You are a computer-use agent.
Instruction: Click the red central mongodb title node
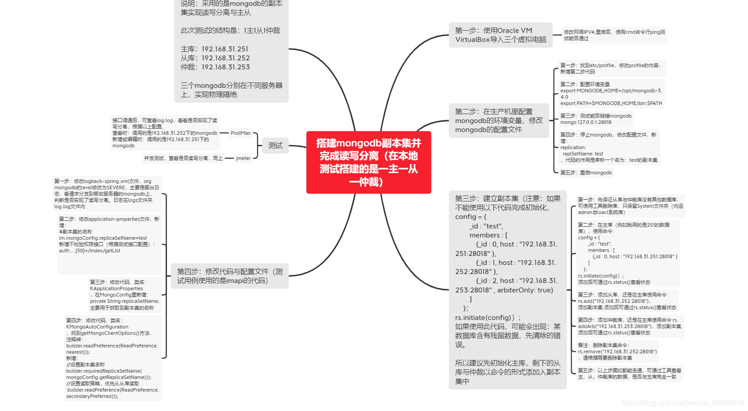point(369,162)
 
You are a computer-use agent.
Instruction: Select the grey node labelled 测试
point(275,145)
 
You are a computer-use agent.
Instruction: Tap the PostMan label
point(240,133)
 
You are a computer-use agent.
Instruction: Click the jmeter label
point(243,158)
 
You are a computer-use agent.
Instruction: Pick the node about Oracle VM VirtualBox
point(500,35)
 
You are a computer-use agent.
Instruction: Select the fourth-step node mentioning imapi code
point(230,276)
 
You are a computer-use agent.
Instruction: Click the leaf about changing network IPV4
point(614,35)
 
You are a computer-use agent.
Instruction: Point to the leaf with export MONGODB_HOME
point(611,94)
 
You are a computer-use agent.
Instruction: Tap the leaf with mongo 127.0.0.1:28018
point(595,119)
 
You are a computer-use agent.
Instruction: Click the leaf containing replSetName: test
point(608,147)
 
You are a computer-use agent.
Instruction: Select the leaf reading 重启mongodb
point(586,173)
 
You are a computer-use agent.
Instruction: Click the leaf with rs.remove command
point(617,352)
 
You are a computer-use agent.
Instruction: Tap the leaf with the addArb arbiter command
point(630,326)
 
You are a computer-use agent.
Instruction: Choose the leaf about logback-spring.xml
point(107,194)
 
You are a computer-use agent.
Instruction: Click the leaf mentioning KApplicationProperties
point(124,295)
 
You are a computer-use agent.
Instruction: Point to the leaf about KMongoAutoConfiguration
point(113,358)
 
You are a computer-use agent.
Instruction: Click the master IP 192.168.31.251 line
point(215,49)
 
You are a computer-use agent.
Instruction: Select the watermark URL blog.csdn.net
point(682,402)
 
